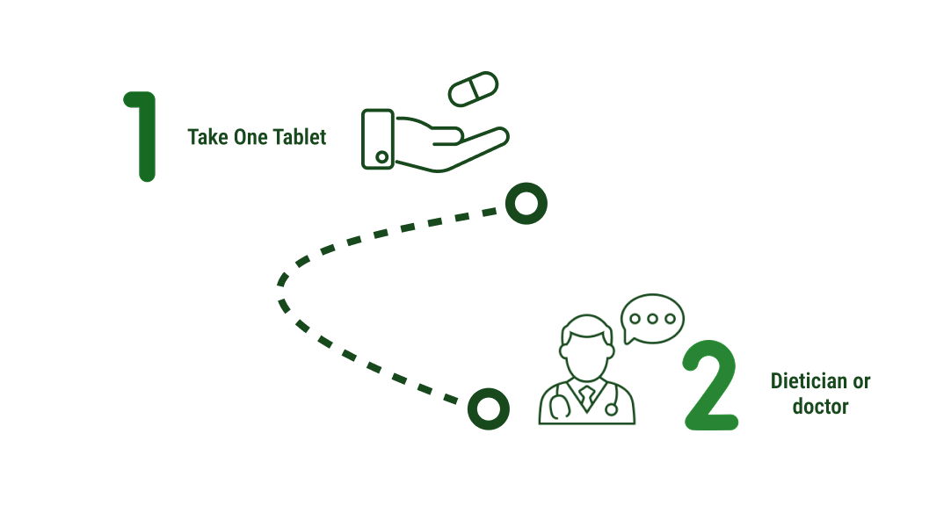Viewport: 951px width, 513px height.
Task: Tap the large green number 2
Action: (x=710, y=386)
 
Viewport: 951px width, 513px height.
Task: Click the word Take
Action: (x=207, y=137)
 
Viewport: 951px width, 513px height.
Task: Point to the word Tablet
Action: (x=300, y=137)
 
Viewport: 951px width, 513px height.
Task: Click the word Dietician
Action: (x=809, y=381)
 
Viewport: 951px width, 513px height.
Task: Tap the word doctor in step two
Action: (x=820, y=407)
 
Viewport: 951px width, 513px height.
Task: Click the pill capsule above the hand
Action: (x=473, y=89)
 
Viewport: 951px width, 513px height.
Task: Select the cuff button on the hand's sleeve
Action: (x=381, y=157)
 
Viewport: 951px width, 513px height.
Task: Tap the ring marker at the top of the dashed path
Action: (x=526, y=204)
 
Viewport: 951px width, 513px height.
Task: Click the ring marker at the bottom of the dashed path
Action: (x=488, y=408)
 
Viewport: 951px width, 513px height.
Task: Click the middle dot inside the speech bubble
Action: (x=652, y=318)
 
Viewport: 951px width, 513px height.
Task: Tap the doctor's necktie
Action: (x=586, y=397)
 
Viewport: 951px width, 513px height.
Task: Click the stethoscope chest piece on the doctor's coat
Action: (x=612, y=409)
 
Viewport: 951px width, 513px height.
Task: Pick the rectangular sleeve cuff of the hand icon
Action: (x=378, y=139)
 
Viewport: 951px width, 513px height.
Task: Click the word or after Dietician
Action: (x=862, y=382)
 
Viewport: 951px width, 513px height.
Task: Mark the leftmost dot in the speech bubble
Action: (x=635, y=318)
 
